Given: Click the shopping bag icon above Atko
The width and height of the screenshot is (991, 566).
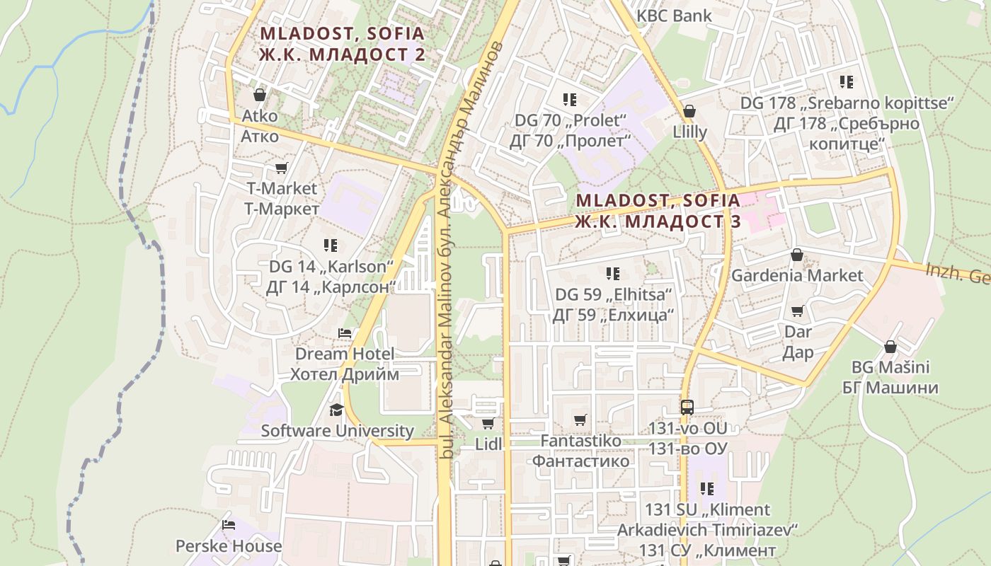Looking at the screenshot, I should click(260, 95).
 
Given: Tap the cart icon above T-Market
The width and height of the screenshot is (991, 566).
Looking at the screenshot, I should click(281, 168).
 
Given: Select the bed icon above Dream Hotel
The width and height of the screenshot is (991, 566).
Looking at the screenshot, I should click(345, 333).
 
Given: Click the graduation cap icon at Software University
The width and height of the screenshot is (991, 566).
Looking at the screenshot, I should click(336, 410).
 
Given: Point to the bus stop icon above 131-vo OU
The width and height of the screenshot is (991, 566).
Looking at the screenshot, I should click(687, 407).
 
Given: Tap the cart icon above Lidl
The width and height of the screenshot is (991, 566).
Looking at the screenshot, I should click(488, 423).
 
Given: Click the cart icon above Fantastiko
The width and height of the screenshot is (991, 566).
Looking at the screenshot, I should click(580, 420).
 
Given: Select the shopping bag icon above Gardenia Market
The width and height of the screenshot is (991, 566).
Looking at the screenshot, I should click(797, 255).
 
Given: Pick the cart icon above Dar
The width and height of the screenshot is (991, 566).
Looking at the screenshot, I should click(798, 311).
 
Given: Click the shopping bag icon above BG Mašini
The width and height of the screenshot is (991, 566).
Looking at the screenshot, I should click(890, 347).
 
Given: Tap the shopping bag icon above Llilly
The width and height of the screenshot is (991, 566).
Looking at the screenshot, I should click(689, 111).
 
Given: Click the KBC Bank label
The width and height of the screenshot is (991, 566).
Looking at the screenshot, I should click(674, 16).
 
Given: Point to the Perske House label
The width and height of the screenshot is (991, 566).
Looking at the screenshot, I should click(229, 546).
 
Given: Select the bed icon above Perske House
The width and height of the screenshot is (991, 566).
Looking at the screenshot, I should click(229, 525).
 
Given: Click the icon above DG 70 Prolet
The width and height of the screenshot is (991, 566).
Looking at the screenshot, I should click(570, 100).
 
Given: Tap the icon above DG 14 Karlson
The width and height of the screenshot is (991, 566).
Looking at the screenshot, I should click(331, 246).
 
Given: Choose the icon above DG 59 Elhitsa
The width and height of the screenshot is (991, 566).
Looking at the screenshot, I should click(613, 273).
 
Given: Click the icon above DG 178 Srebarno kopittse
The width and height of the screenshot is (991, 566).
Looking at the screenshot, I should click(847, 82).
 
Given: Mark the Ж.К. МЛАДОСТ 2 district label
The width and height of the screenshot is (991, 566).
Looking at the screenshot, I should click(343, 55).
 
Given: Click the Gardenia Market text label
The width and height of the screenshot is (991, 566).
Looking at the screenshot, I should click(797, 275).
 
